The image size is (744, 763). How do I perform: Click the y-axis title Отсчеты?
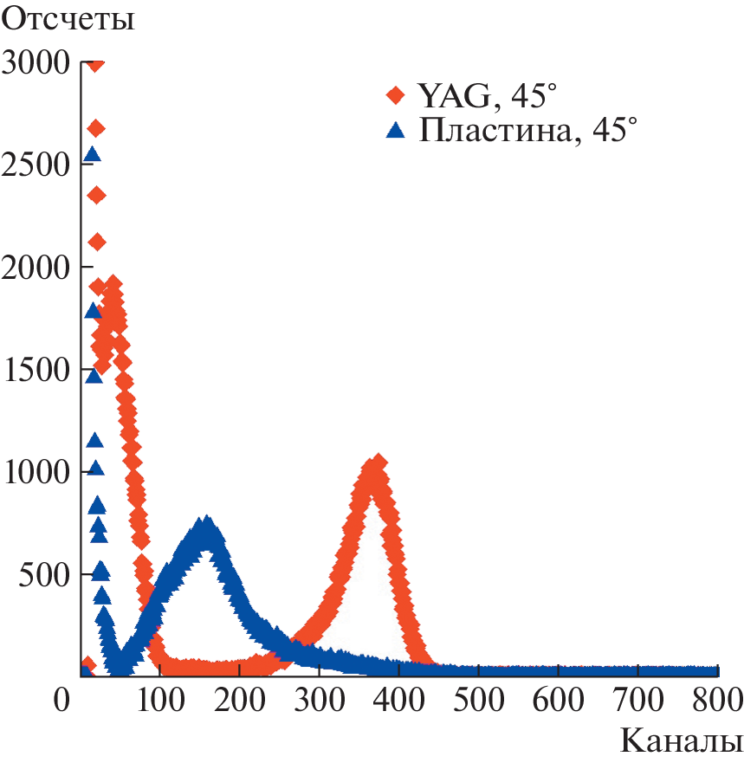tap(69, 19)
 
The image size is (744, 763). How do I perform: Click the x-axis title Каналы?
tap(681, 741)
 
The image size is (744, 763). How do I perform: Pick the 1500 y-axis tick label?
tap(36, 370)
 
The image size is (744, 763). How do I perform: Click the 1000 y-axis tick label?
tap(36, 472)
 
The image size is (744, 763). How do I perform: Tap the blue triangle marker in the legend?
tap(396, 131)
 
